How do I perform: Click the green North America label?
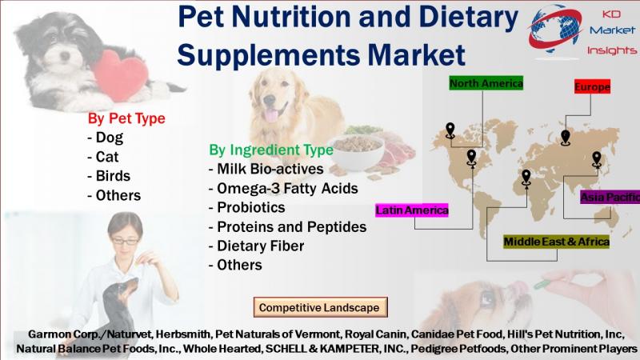pyautogui.click(x=486, y=83)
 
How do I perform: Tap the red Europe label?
pyautogui.click(x=592, y=86)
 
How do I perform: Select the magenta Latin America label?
pyautogui.click(x=412, y=210)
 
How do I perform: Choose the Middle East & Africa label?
pyautogui.click(x=556, y=242)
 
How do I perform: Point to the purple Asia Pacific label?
pyautogui.click(x=610, y=197)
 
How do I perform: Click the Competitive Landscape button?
pyautogui.click(x=321, y=307)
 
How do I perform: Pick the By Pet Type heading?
pyautogui.click(x=126, y=118)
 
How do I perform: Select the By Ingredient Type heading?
pyautogui.click(x=271, y=150)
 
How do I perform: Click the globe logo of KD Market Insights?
pyautogui.click(x=555, y=30)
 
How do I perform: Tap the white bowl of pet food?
pyautogui.click(x=356, y=152)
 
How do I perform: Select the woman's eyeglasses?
pyautogui.click(x=125, y=242)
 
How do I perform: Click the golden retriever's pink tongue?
pyautogui.click(x=271, y=114)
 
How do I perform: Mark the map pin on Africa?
pyautogui.click(x=526, y=178)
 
